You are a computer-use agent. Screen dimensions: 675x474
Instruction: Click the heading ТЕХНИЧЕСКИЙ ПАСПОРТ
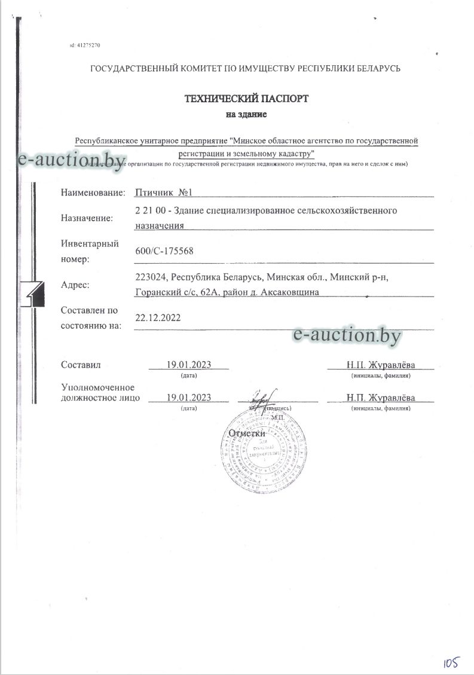pyautogui.click(x=246, y=99)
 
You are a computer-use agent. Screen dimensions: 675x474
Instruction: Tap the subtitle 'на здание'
pyautogui.click(x=246, y=114)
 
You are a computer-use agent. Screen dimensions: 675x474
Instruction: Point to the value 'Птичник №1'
pyautogui.click(x=163, y=192)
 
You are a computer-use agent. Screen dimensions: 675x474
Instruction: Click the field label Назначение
pyautogui.click(x=87, y=218)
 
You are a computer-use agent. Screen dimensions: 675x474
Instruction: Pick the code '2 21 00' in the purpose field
pyautogui.click(x=150, y=211)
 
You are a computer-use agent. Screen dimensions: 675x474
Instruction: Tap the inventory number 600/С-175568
pyautogui.click(x=165, y=251)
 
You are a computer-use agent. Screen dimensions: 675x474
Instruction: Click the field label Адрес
pyautogui.click(x=75, y=285)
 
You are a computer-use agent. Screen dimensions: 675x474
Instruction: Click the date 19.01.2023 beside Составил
pyautogui.click(x=189, y=365)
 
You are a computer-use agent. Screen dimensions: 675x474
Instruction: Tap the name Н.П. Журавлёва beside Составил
pyautogui.click(x=380, y=365)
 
